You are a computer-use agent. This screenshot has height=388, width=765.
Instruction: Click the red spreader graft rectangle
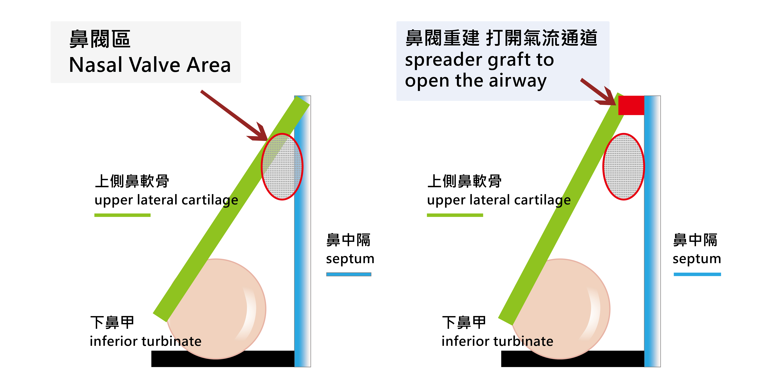[631, 105]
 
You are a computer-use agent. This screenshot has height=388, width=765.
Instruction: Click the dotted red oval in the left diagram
[282, 167]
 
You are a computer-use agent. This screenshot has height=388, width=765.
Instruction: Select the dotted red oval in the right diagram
[624, 167]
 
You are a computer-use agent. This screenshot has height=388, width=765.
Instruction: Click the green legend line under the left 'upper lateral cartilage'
[122, 215]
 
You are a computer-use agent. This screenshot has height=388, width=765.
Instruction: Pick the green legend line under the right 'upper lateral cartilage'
[455, 215]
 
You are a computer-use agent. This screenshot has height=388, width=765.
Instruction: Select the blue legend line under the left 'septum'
[349, 274]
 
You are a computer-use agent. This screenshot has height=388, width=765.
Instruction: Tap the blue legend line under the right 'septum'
[697, 274]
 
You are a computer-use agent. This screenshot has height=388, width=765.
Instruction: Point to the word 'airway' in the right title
[518, 81]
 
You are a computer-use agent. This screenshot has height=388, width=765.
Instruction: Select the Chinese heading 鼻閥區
[100, 39]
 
